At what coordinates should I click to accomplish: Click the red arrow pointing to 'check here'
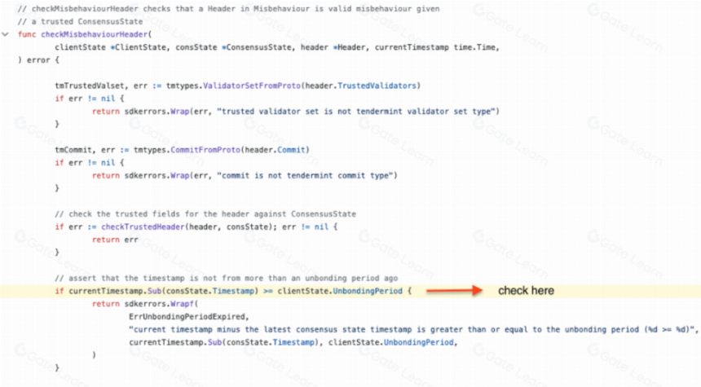pyautogui.click(x=454, y=291)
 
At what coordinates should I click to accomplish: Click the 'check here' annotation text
pyautogui.click(x=527, y=291)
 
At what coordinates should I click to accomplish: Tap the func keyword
pyautogui.click(x=27, y=34)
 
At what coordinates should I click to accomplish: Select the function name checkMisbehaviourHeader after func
pyautogui.click(x=95, y=34)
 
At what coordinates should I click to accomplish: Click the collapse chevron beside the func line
pyautogui.click(x=6, y=34)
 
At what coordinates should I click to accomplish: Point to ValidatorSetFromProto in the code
pyautogui.click(x=252, y=86)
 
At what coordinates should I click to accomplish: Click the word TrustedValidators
pyautogui.click(x=377, y=86)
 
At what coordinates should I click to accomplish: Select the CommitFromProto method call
pyautogui.click(x=205, y=150)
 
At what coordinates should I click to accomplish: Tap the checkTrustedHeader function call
pyautogui.click(x=143, y=227)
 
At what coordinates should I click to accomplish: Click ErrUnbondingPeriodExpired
pyautogui.click(x=187, y=317)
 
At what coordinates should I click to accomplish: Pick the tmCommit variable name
pyautogui.click(x=73, y=150)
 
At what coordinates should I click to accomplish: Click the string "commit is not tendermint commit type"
pyautogui.click(x=305, y=176)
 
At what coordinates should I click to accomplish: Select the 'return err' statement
pyautogui.click(x=115, y=240)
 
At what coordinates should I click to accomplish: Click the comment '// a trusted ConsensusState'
pyautogui.click(x=81, y=21)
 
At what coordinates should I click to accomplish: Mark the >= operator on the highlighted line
pyautogui.click(x=268, y=292)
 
